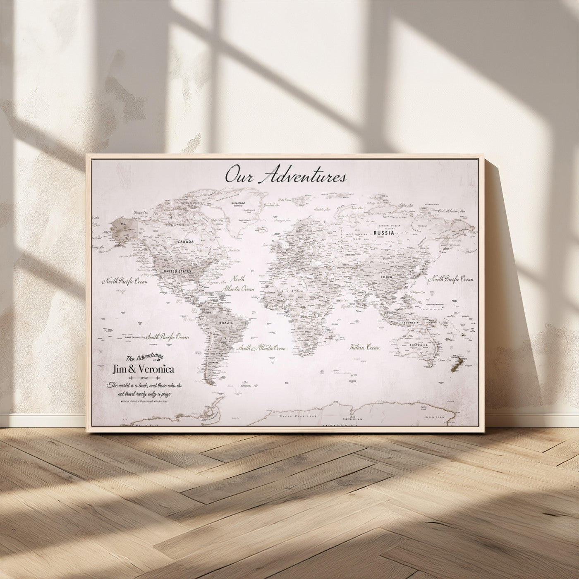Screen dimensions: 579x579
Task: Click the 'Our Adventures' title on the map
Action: [285, 175]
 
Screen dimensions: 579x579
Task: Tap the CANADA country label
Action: [186, 241]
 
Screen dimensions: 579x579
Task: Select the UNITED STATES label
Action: [178, 271]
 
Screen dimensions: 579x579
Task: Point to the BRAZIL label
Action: [227, 322]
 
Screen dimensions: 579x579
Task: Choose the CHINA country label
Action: [386, 277]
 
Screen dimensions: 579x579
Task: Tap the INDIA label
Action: [361, 293]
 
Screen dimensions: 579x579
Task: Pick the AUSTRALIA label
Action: [419, 345]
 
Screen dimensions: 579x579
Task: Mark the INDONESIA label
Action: [411, 323]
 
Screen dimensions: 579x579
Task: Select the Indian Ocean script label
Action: [364, 347]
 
